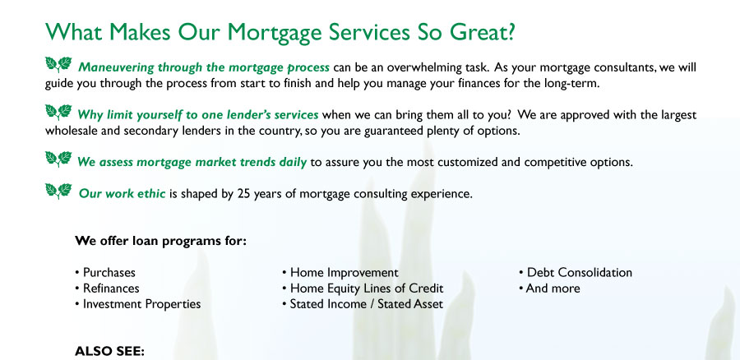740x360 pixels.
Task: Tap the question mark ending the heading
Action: (x=509, y=31)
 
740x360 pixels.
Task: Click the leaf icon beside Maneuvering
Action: (x=58, y=64)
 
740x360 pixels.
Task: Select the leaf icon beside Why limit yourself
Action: (x=58, y=112)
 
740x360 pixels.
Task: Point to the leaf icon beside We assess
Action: (x=58, y=159)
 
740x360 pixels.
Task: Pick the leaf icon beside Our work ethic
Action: (x=58, y=191)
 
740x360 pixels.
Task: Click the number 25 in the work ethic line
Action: (x=243, y=193)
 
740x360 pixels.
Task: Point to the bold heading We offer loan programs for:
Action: (x=160, y=241)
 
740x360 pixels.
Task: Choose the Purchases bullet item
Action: (x=105, y=273)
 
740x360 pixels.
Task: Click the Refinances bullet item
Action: (x=107, y=288)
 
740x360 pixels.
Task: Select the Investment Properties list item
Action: (x=138, y=304)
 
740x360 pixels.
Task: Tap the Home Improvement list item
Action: (x=340, y=273)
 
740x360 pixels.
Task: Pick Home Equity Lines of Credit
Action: (x=363, y=288)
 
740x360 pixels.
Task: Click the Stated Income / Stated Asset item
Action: (x=363, y=304)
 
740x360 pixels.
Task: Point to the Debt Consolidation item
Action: (x=576, y=273)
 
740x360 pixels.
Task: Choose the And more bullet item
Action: (x=549, y=288)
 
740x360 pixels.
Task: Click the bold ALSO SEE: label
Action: (x=109, y=352)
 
